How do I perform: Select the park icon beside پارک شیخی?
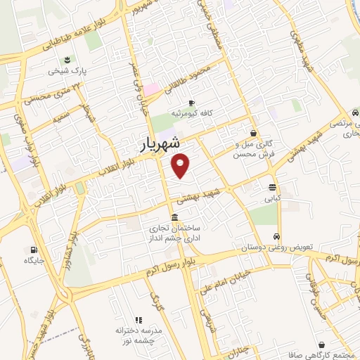coord(66,60)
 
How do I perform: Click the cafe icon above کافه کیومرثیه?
coord(191,103)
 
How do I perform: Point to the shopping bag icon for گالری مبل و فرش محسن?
coord(253,132)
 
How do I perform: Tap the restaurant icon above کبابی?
coord(272,187)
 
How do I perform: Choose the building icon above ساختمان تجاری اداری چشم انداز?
coord(174,217)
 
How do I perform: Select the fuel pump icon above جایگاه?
coord(33,250)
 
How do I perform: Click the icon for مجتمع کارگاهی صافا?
coord(322,345)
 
